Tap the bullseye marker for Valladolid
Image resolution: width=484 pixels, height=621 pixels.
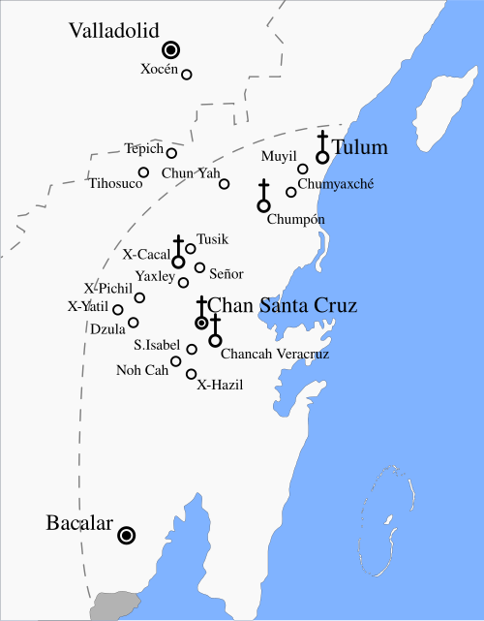(x=171, y=49)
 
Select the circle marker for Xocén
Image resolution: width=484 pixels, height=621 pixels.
(x=187, y=75)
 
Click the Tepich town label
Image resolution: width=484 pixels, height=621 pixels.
(x=143, y=149)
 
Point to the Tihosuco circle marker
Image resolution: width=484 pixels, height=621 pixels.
(x=143, y=172)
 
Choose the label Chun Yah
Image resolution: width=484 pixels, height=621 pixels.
(x=190, y=173)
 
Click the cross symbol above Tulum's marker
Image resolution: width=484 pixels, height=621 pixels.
(x=322, y=140)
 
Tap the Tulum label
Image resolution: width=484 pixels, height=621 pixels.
(x=360, y=148)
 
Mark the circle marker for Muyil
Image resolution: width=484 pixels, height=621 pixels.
(x=303, y=170)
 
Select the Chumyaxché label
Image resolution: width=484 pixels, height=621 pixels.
(x=335, y=184)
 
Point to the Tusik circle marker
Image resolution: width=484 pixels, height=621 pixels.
(x=191, y=249)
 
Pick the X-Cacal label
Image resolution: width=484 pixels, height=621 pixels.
(x=146, y=254)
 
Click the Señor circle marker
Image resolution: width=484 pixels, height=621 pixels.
(x=199, y=268)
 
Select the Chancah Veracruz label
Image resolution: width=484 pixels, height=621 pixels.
(x=275, y=355)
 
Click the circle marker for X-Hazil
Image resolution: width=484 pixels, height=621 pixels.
(x=192, y=374)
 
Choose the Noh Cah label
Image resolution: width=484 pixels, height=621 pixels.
(x=142, y=370)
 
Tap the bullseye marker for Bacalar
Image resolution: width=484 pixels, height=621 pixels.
(x=127, y=535)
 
